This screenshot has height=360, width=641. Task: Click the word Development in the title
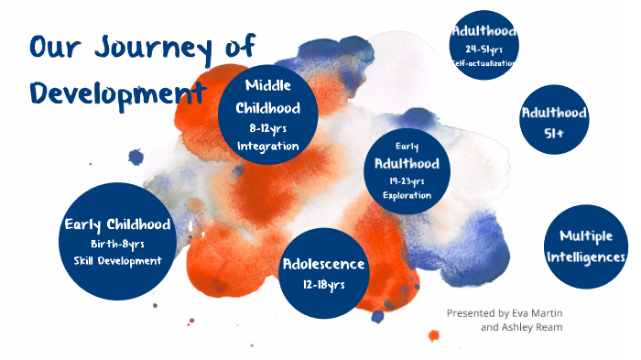click(x=114, y=93)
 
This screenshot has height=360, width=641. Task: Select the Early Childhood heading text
click(x=117, y=224)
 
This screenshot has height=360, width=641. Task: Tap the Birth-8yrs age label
click(x=117, y=244)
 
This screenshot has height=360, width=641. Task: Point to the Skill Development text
click(x=117, y=261)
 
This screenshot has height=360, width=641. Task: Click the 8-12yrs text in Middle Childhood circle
click(x=267, y=128)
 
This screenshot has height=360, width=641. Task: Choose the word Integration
click(x=267, y=146)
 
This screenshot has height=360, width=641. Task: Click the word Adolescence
click(x=323, y=265)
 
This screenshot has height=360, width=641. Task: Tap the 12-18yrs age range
click(x=323, y=285)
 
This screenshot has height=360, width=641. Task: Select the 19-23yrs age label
click(x=407, y=180)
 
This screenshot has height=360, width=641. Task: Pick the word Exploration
click(x=407, y=195)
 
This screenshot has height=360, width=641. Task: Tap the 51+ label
click(x=554, y=133)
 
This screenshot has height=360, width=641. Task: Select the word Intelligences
click(x=586, y=256)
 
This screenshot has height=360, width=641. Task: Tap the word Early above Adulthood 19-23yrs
click(x=407, y=146)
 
